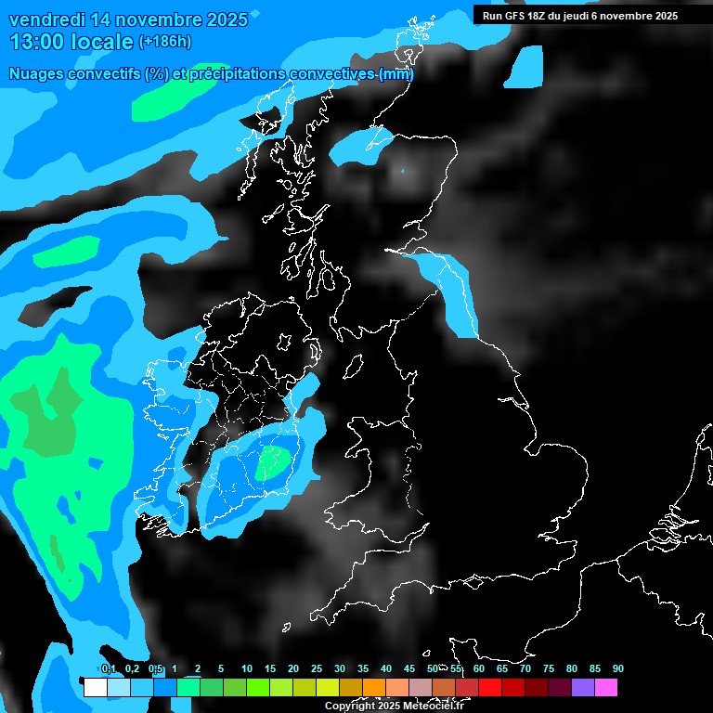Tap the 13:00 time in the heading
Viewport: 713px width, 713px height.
[x=39, y=41]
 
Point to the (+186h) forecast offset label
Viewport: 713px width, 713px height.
[x=165, y=42]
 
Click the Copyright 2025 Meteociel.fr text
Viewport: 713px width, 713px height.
[x=394, y=706]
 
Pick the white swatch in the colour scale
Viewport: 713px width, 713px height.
[x=95, y=688]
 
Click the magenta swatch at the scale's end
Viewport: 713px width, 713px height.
[x=606, y=688]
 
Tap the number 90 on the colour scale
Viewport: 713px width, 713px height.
[x=618, y=668]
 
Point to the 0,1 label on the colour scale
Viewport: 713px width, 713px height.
[x=108, y=668]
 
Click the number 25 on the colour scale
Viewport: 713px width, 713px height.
[x=317, y=668]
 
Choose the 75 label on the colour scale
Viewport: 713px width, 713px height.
[x=549, y=668]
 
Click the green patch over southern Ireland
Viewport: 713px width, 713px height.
[x=274, y=460]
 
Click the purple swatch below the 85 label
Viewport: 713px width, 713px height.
[x=583, y=688]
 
